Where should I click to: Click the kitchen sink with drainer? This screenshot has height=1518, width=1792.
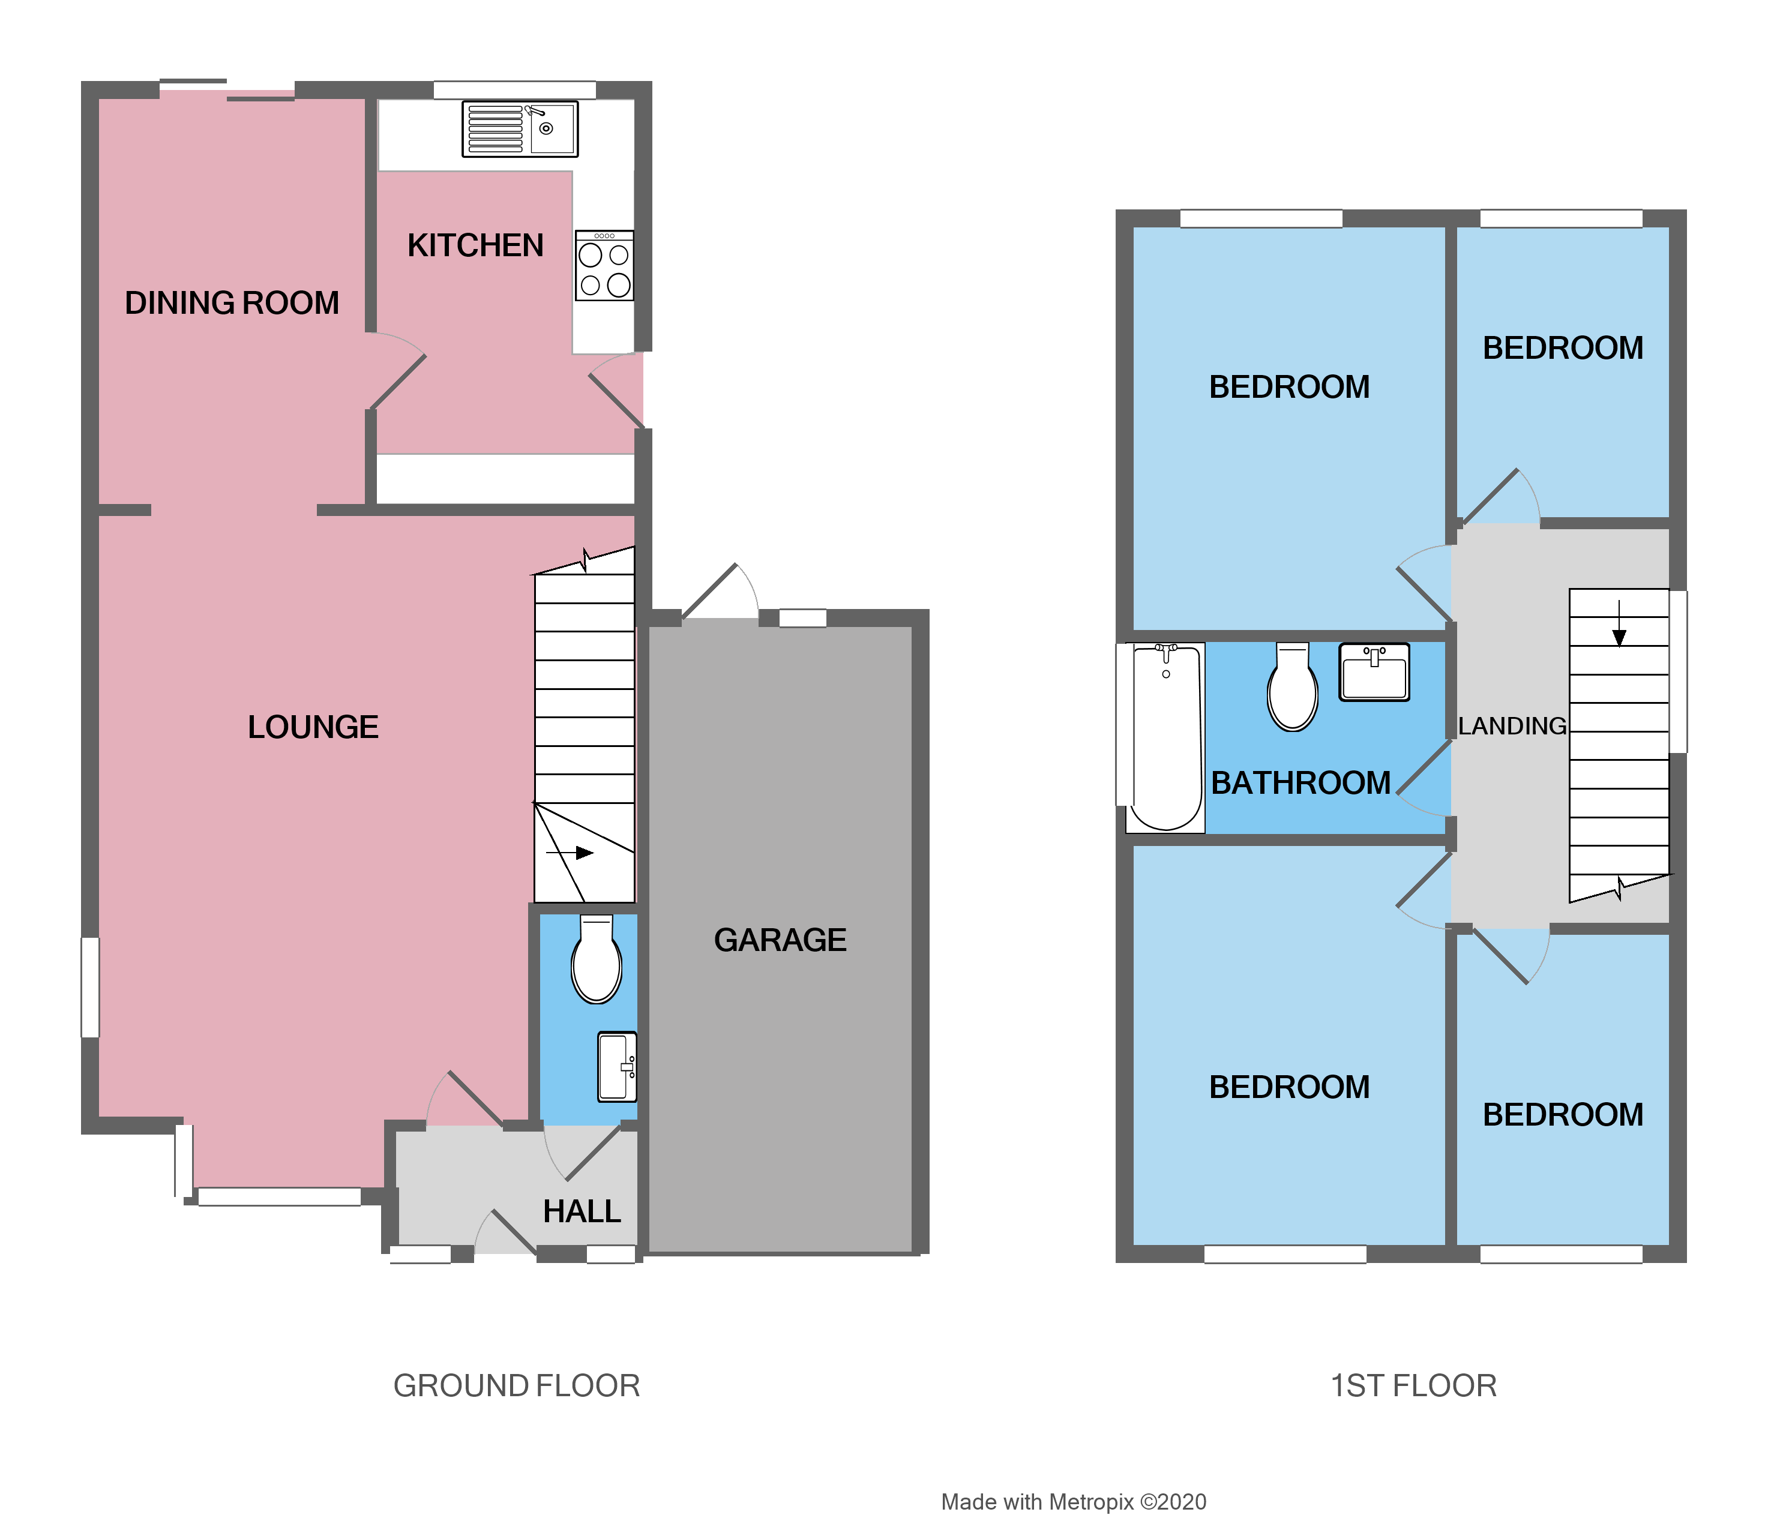[x=520, y=129]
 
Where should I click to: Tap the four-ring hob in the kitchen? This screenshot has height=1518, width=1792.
[x=604, y=266]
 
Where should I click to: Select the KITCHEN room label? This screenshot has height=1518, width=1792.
[x=475, y=245]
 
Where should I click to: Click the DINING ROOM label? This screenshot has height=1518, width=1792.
[x=232, y=303]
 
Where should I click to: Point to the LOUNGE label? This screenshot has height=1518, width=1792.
[x=313, y=727]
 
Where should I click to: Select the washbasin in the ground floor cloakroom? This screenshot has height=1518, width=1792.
[x=617, y=1067]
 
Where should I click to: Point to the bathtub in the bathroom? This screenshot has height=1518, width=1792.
[x=1165, y=737]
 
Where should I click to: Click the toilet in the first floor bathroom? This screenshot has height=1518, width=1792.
[x=1292, y=688]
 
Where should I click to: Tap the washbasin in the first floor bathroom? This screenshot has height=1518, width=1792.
[x=1374, y=672]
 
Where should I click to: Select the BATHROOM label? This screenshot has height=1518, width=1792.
[x=1300, y=783]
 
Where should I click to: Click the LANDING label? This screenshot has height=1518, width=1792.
[x=1511, y=726]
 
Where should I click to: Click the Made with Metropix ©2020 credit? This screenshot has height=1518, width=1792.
[x=1073, y=1502]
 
